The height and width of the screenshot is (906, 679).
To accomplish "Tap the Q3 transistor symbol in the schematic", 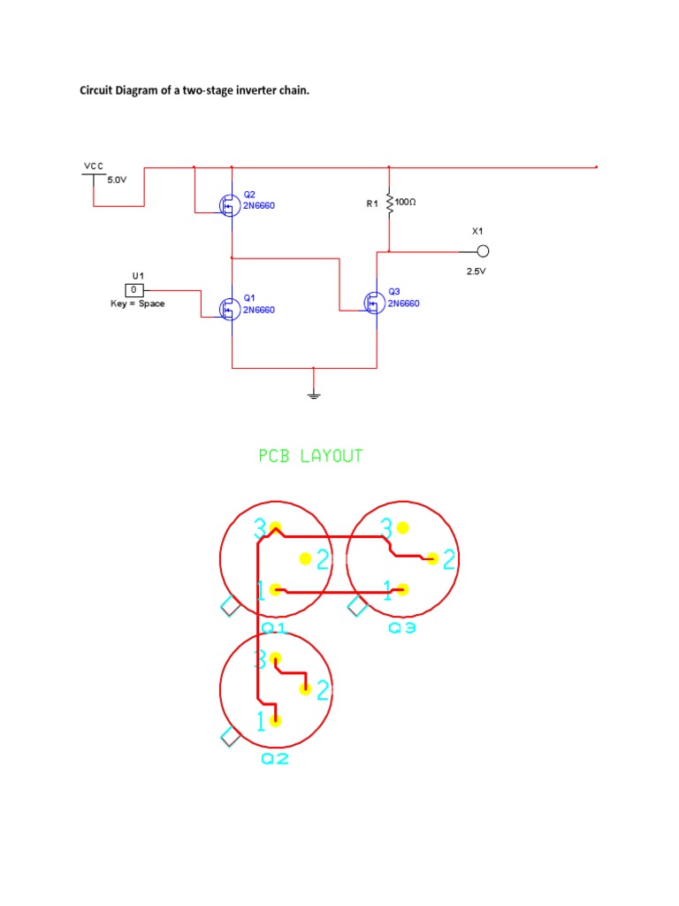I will [374, 303].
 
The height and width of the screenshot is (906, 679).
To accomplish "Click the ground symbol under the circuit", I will [314, 394].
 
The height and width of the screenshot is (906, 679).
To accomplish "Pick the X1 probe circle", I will [483, 250].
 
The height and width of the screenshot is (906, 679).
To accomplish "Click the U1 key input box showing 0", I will [134, 289].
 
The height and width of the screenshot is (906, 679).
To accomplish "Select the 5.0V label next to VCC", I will [118, 180].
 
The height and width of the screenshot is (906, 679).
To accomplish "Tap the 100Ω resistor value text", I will [406, 202].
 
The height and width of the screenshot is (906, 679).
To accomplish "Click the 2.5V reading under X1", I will [477, 272].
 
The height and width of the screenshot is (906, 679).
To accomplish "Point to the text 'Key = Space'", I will [137, 303].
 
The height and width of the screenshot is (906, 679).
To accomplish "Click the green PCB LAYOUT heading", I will [310, 457].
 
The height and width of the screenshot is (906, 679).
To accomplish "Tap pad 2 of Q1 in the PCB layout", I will [305, 558].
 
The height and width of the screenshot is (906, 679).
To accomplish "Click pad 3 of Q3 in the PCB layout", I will [403, 528].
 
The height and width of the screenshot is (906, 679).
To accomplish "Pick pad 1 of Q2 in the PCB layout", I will [276, 720].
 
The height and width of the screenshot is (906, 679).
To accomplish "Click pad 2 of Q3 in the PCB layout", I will [432, 558].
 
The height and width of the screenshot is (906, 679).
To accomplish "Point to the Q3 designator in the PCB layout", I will [401, 628].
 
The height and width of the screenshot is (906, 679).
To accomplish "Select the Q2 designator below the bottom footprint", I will [275, 759].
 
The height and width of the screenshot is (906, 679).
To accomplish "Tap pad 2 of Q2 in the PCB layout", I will [305, 689].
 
